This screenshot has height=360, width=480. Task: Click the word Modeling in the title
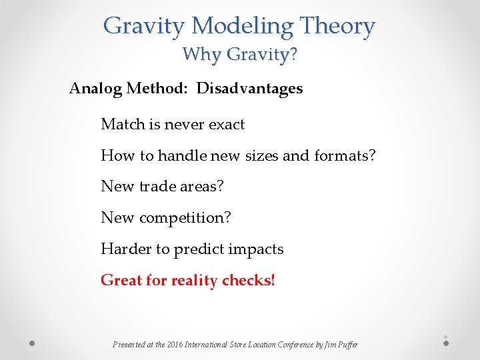[x=241, y=27]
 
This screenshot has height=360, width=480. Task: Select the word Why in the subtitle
[x=199, y=54]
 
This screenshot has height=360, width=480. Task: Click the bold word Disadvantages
[x=249, y=89]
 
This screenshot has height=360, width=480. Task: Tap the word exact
[x=226, y=125]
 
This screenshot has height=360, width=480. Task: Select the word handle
[x=181, y=156]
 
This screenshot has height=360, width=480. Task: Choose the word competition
[x=187, y=218]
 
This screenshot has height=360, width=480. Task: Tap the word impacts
[x=257, y=249]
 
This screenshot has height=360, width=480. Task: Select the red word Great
[x=120, y=281]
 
